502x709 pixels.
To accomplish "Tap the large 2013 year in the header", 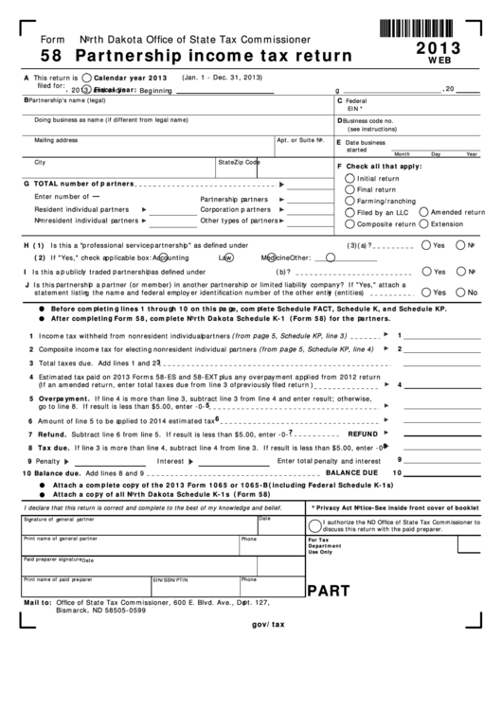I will pyautogui.click(x=438, y=45).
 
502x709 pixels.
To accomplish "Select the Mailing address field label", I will pyautogui.click(x=56, y=139).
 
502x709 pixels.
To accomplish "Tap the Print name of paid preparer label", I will pyautogui.click(x=58, y=578).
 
